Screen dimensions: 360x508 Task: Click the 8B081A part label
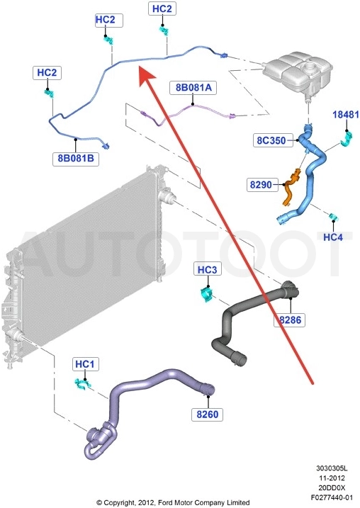coord(193,88)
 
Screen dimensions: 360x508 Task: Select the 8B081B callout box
coord(76,159)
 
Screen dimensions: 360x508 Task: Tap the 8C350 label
coord(271,140)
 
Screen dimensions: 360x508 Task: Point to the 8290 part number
coord(261,185)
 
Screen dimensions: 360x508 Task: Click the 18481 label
coord(346,114)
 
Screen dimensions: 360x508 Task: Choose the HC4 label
coord(333,237)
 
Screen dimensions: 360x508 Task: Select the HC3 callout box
coord(208,269)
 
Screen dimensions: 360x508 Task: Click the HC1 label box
coord(85,364)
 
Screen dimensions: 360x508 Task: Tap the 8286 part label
coord(290,320)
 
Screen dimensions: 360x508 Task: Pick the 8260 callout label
coord(208,414)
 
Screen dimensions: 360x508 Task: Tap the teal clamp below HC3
coord(206,295)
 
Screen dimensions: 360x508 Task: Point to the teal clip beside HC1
coord(82,384)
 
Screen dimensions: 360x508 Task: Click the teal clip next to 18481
coord(347,138)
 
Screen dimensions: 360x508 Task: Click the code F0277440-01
coord(332,497)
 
